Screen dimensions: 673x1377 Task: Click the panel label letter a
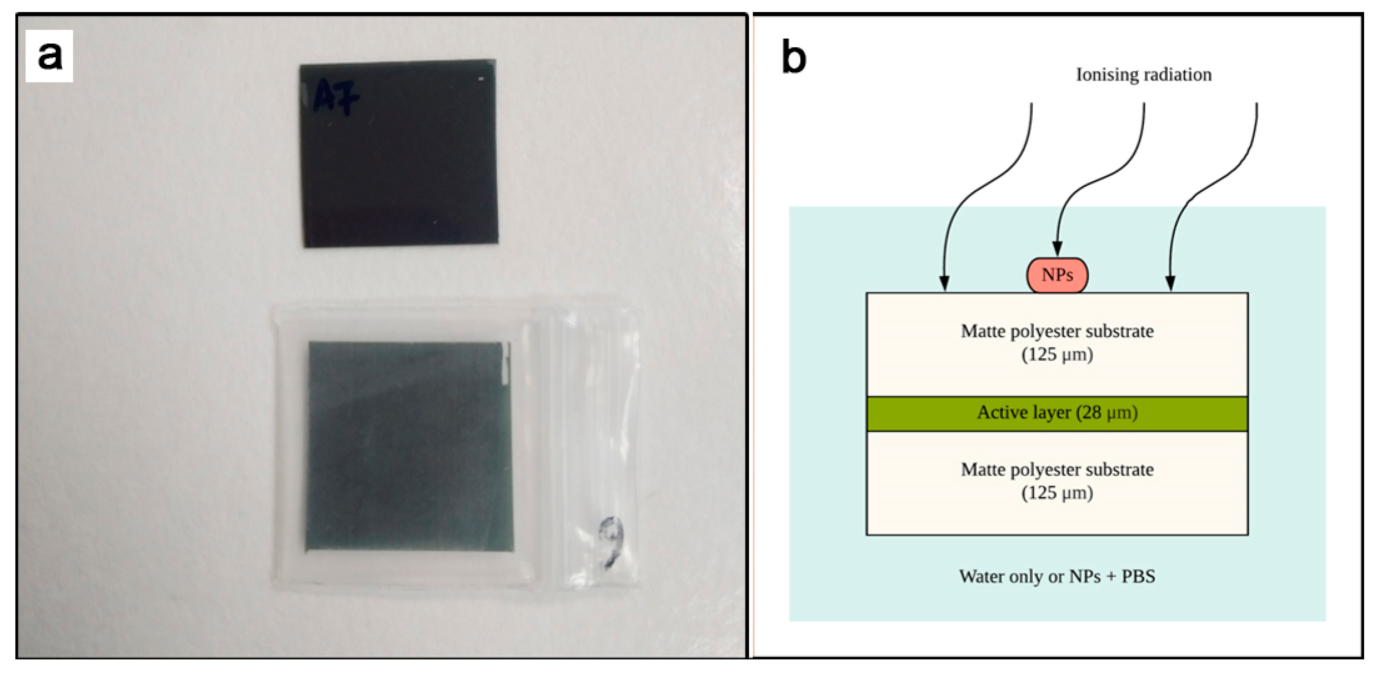tap(49, 56)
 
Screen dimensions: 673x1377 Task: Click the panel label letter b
tap(794, 57)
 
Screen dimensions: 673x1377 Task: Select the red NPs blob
tap(1057, 275)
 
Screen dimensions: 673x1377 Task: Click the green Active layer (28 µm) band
tap(1057, 413)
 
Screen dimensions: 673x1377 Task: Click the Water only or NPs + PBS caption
tap(1057, 576)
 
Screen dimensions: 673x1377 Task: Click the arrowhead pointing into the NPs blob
tap(1057, 249)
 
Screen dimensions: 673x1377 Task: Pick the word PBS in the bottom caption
tap(1138, 576)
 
